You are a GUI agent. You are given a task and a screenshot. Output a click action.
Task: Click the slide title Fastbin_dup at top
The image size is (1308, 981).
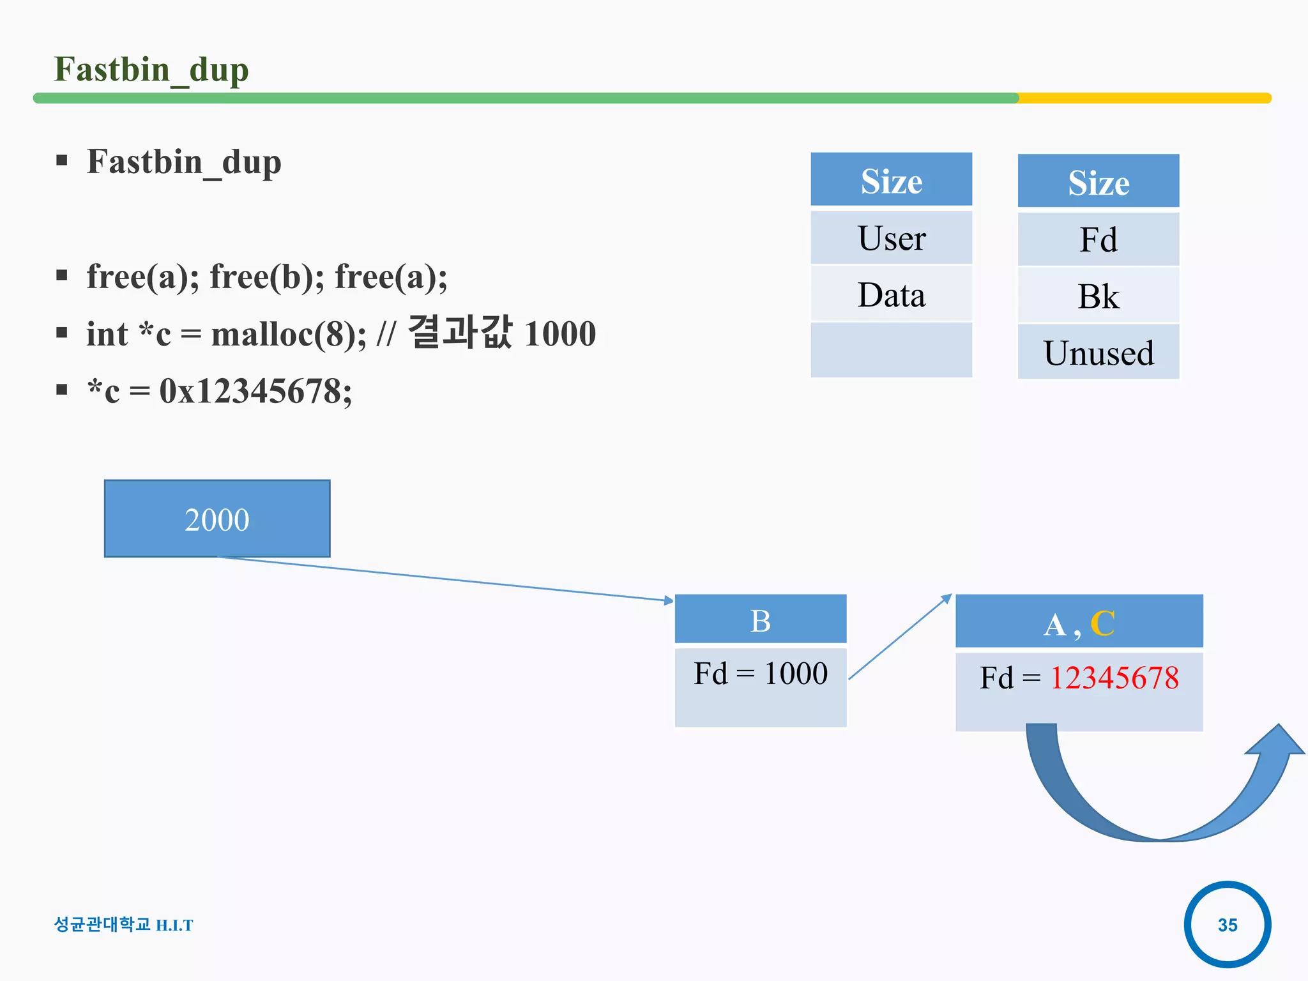click(151, 70)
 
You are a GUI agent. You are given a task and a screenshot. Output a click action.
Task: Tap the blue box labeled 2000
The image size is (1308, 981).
click(217, 519)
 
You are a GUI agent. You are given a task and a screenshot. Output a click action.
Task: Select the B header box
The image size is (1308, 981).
click(760, 620)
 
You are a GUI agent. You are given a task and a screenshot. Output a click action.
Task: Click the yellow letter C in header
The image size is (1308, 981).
click(1102, 623)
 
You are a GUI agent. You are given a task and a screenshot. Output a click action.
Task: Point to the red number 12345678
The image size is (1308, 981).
click(1114, 678)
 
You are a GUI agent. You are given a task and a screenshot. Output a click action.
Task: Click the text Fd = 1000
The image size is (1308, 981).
click(760, 673)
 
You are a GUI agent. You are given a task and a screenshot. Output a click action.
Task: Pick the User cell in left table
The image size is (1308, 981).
click(891, 238)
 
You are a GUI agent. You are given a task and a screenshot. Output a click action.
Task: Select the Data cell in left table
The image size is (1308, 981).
click(891, 295)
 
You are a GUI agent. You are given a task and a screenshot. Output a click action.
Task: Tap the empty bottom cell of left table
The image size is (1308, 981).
click(891, 350)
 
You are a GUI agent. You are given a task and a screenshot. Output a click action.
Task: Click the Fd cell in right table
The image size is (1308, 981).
click(1098, 240)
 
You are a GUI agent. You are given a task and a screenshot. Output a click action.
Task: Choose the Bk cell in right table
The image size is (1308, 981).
click(1098, 296)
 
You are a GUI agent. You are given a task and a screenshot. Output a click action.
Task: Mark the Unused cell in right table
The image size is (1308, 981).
click(1098, 353)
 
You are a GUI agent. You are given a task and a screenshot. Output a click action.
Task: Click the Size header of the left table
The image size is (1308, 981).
click(891, 181)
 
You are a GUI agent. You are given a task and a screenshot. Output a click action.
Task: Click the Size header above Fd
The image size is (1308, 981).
click(1098, 183)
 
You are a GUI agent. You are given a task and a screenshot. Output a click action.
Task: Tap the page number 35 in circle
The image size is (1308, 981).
click(1227, 925)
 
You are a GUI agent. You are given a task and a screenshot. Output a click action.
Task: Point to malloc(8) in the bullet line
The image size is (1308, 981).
click(288, 334)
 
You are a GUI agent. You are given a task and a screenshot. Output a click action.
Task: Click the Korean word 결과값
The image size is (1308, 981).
click(459, 333)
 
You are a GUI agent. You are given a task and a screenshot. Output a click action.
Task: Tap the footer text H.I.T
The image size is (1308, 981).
click(174, 925)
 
